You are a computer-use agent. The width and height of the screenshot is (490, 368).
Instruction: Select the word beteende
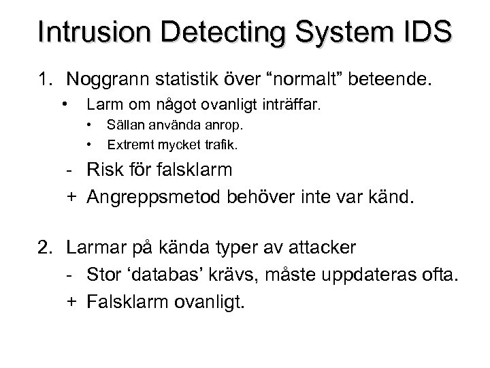[x=391, y=80]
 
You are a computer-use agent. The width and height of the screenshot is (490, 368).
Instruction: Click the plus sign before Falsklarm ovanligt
[x=71, y=301]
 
